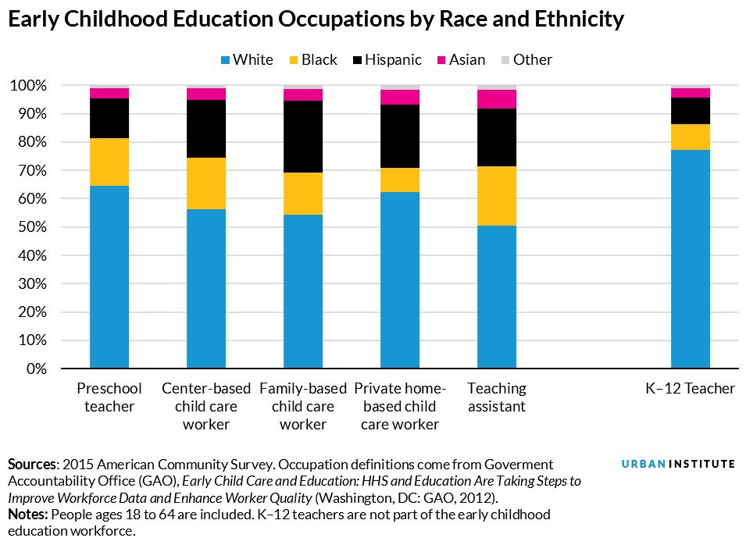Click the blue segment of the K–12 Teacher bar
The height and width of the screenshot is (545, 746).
coord(691,258)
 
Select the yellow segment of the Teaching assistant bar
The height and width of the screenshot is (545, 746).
coord(497,196)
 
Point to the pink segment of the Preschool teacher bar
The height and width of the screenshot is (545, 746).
coord(109,93)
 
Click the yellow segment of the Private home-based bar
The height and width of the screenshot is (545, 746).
coord(400,180)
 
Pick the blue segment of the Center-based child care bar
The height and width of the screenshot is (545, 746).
coord(206,288)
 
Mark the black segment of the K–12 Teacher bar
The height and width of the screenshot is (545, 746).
coord(691,111)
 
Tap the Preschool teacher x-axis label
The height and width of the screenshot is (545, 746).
coord(109,397)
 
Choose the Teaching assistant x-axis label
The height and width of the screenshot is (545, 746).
coord(497,397)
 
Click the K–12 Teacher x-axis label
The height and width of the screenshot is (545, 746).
coord(691,389)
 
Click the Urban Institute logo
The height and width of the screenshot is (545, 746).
coord(678,464)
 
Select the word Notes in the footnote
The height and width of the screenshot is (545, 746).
coord(27,515)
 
